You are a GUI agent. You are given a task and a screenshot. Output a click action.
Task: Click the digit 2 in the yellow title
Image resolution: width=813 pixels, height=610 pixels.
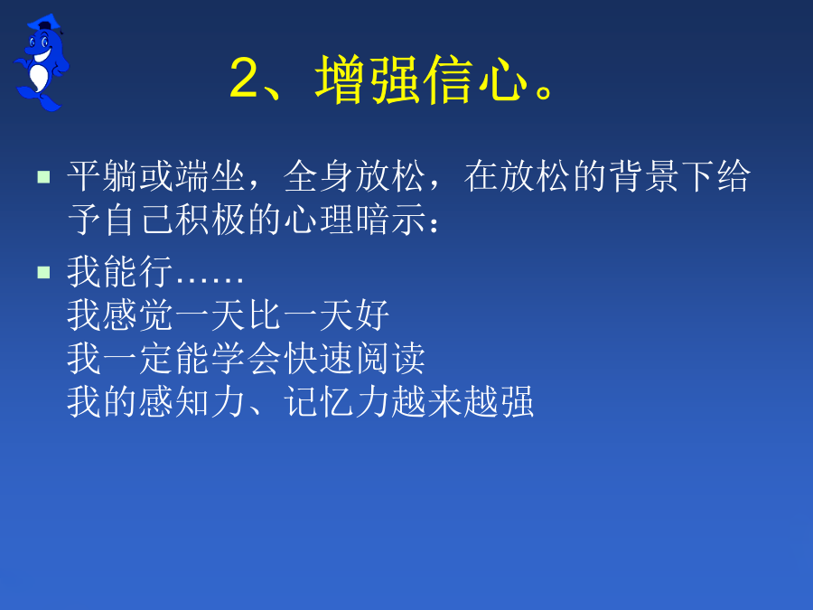click(244, 78)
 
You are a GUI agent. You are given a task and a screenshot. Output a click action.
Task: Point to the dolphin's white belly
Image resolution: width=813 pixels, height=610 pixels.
click(39, 77)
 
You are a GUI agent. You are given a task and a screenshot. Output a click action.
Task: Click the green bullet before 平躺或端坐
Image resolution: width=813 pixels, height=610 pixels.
click(43, 177)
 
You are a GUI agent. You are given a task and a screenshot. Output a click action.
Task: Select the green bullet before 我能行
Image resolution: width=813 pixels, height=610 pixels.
click(43, 272)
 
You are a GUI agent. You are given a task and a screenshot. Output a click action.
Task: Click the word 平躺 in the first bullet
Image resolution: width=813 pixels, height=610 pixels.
click(102, 176)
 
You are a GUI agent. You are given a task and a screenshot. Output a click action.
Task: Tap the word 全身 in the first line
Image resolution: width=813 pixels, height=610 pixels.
click(319, 176)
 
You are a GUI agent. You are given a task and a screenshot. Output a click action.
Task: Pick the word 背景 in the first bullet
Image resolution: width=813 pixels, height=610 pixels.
click(643, 176)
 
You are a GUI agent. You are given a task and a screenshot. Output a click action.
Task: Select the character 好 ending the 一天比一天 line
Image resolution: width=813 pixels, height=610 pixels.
click(373, 314)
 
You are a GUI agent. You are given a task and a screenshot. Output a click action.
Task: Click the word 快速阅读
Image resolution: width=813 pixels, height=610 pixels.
click(355, 358)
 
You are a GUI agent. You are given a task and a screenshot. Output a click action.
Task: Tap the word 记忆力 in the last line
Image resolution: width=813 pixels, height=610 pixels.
click(337, 401)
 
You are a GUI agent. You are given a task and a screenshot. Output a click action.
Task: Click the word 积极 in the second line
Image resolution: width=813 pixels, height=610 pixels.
click(210, 220)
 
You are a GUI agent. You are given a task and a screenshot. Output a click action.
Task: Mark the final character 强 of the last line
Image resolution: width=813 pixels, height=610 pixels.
click(517, 401)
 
